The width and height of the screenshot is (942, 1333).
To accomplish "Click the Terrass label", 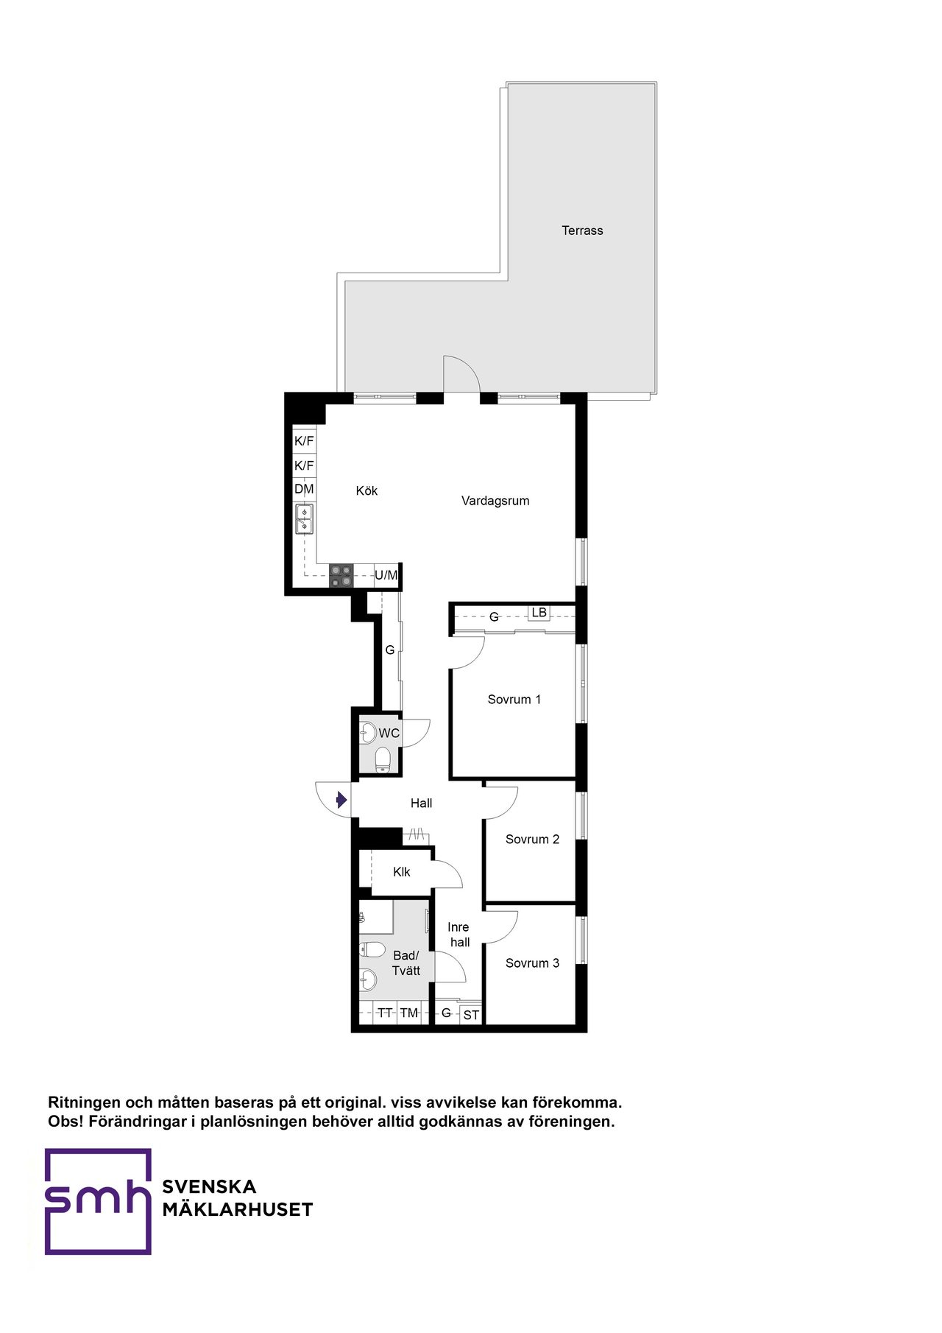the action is coord(582,231).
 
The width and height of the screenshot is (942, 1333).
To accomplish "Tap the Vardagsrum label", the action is coord(495,501).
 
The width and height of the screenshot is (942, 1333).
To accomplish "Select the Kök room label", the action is coord(366,490).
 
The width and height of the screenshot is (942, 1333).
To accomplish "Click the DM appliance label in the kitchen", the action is coord(304,489).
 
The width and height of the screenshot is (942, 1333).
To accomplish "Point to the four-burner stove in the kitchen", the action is coord(341,575).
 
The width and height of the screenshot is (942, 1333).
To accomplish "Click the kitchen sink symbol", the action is coord(304,518).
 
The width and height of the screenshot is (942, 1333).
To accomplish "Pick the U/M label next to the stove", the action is coord(386,575).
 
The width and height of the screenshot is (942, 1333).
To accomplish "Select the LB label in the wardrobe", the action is coord(539,612).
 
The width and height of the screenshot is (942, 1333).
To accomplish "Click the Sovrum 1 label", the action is coord(514,700).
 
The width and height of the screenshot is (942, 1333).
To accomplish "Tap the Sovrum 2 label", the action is coord(532,840).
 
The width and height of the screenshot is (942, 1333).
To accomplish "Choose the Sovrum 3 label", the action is coord(532,963).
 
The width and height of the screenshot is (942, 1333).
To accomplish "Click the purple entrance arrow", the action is coord(341,799).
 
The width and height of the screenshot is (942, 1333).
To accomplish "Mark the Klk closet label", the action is coord(402,872).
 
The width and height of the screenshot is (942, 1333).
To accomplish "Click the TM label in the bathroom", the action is coord(408,1013).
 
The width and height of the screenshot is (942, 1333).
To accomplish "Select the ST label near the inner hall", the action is coord(471,1016).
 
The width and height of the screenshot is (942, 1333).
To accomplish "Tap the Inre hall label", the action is coord(458,935).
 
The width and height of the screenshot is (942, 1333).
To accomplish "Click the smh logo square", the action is coord(98,1201).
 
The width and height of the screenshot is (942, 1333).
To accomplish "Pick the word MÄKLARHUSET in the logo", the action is coord(238,1209).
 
